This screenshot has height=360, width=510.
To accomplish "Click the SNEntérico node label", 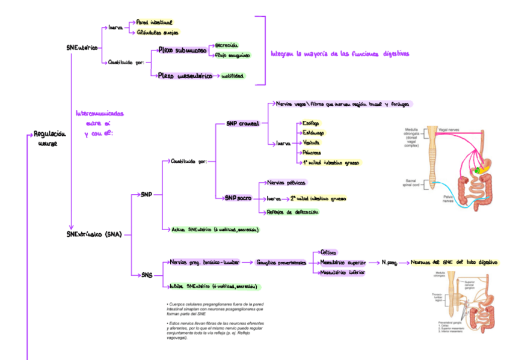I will pos(81,47).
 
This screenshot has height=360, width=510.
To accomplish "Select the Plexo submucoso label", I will pos(182,51).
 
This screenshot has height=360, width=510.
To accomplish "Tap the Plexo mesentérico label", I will pos(185,76).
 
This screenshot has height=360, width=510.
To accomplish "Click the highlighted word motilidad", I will pos(233,77).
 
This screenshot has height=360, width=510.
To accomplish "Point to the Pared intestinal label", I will pos(154,22).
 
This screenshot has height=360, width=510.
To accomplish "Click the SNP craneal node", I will pos(242,124).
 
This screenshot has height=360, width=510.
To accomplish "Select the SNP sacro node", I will pos(238,198).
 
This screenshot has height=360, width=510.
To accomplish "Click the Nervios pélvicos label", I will pos(286,182).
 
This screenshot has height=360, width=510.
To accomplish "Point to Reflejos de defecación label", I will pos(292,212).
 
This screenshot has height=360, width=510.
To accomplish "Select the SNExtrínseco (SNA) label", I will pos(94,234).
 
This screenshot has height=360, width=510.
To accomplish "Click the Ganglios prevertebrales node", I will pos(281,263).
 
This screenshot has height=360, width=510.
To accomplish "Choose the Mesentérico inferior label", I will pos(343,273).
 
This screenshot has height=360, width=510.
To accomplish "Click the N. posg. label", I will pos(389,263).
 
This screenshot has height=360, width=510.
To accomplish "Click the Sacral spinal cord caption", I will pos(414,182).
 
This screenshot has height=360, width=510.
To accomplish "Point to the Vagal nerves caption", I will pos(451,129).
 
